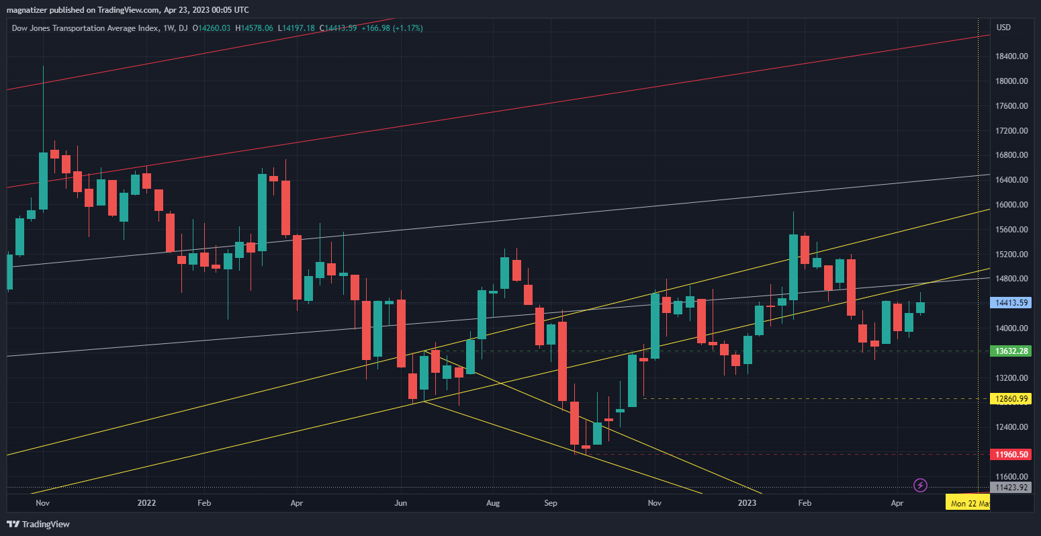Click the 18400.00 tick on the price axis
click(1013, 56)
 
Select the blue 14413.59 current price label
click(1012, 303)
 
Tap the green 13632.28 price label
click(1012, 351)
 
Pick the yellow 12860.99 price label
click(1012, 398)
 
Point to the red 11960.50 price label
click(1012, 454)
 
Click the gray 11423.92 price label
click(1012, 488)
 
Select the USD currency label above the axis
click(1004, 28)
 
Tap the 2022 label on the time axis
click(146, 502)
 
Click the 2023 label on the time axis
click(747, 502)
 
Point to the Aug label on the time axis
click(493, 502)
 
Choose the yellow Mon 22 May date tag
click(967, 502)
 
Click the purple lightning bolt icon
click(921, 484)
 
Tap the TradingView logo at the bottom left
click(38, 524)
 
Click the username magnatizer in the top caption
click(29, 9)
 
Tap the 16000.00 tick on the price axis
click(1013, 205)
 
